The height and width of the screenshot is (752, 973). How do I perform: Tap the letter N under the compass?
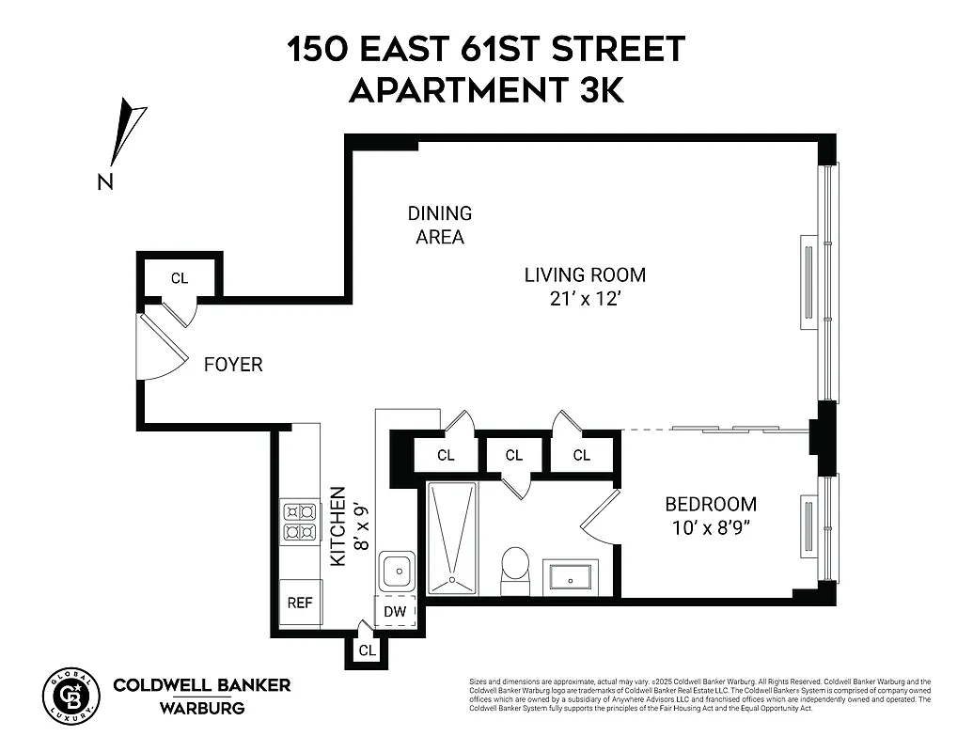tap(106, 181)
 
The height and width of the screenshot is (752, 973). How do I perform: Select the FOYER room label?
tap(233, 365)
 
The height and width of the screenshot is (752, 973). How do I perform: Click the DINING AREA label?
tap(440, 226)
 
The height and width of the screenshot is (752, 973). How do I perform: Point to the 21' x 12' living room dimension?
tap(585, 299)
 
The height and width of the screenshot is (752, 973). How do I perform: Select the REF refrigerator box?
tap(300, 603)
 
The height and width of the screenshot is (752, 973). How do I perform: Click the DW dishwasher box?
tap(396, 612)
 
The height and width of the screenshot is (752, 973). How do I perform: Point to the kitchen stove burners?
tap(300, 523)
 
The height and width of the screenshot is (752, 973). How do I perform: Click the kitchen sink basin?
tap(395, 571)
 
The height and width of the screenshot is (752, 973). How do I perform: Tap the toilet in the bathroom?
tap(514, 568)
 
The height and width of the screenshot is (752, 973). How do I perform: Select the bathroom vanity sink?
tap(571, 575)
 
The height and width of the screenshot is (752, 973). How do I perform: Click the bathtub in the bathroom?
tap(453, 538)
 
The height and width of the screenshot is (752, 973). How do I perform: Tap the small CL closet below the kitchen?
tap(367, 650)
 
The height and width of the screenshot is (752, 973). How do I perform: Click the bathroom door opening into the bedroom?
tap(598, 517)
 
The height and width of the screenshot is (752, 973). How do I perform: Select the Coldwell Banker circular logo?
tap(71, 697)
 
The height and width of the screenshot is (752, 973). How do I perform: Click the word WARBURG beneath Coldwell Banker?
tap(201, 707)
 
